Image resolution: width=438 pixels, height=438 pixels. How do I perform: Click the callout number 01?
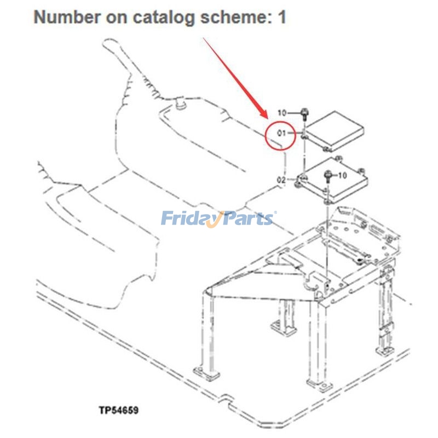click(282, 133)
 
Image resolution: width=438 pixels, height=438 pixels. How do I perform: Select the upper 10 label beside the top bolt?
click(282, 113)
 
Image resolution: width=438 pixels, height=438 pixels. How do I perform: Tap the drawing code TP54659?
click(118, 410)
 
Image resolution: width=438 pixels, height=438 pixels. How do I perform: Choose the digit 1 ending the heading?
click(281, 18)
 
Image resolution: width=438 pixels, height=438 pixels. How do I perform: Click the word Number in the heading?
click(60, 18)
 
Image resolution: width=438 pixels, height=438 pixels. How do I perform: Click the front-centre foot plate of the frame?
click(318, 383)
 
